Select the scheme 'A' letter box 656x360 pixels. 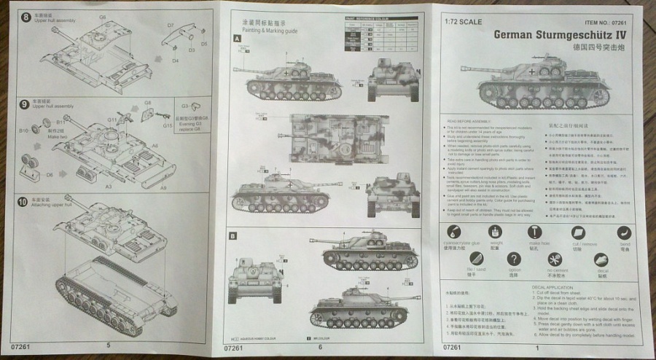(x=236, y=38)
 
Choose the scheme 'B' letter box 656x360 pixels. (x=233, y=236)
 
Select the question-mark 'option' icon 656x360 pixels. (x=514, y=259)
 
